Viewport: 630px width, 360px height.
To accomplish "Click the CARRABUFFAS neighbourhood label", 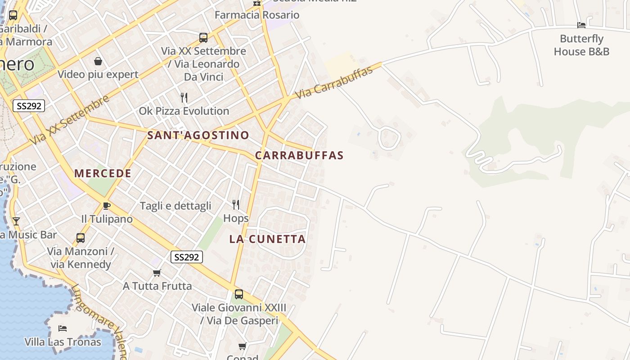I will (299, 156).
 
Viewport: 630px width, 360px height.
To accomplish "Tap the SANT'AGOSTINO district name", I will (198, 135).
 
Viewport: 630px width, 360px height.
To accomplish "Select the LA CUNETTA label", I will (268, 239).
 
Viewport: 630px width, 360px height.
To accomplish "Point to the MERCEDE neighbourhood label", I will (103, 174).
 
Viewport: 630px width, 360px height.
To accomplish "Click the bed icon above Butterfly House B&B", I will (581, 25).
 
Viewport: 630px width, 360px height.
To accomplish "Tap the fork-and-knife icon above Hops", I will (236, 205).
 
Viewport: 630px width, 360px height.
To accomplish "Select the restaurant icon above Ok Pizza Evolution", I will (184, 98).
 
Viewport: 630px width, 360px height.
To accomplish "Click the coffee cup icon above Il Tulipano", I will (106, 206).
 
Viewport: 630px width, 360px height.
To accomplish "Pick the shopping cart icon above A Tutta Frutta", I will (157, 273).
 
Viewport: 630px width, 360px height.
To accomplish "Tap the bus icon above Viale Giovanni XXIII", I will (239, 294).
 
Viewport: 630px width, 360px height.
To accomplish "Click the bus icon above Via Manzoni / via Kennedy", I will (81, 238).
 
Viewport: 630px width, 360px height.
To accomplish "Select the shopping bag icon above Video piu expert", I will (98, 61).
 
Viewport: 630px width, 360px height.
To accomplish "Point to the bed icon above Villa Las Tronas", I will (63, 328).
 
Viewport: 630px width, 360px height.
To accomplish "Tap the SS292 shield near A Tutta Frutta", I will (187, 257).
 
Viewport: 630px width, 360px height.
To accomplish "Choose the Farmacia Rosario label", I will (257, 15).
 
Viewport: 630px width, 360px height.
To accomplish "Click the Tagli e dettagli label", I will (175, 206).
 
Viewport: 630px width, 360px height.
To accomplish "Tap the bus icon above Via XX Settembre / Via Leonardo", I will (203, 38).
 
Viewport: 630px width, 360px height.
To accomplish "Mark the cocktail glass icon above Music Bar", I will (16, 221).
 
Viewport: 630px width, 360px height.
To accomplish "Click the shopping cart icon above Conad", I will (243, 346).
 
